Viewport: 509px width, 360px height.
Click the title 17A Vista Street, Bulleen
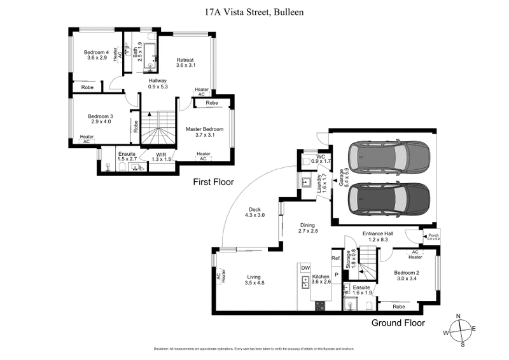click(x=254, y=11)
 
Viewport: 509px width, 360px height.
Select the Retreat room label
click(x=185, y=60)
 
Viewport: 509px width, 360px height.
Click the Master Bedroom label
click(x=204, y=129)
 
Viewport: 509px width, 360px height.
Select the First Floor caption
click(x=213, y=182)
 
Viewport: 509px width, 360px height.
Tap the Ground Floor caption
click(x=398, y=322)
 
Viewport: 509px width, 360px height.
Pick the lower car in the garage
click(x=387, y=198)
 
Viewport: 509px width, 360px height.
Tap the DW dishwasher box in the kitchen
click(x=305, y=268)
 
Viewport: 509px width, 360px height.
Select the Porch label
click(x=433, y=237)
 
